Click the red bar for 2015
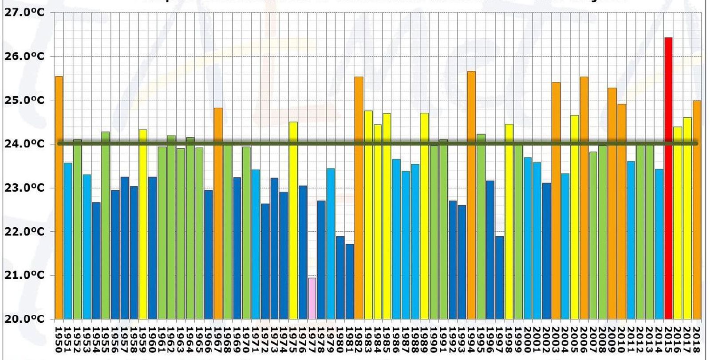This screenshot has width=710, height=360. (x=668, y=178)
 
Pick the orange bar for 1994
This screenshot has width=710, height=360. (x=471, y=195)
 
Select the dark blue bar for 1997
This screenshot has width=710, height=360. (x=499, y=277)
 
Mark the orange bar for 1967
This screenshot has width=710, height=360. (x=218, y=213)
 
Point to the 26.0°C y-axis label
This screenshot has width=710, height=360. (x=24, y=56)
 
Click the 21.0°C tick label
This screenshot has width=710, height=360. (x=24, y=275)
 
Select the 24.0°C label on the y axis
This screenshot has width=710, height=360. (x=24, y=144)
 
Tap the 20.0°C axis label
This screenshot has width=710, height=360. (x=24, y=319)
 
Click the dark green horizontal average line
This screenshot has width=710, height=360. (x=377, y=143)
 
